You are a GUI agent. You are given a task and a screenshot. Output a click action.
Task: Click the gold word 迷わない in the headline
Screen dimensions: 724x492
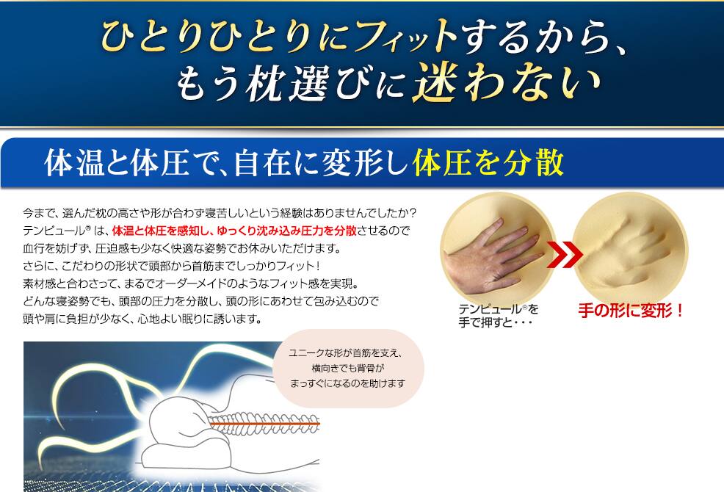pos(507,83)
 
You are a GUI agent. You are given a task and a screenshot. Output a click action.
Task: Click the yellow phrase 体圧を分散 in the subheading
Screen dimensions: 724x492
pos(488,162)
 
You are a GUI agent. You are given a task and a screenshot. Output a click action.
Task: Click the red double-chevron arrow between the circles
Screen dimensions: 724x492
pos(564,253)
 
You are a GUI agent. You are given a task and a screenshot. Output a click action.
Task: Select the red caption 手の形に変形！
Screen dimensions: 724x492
pos(631,311)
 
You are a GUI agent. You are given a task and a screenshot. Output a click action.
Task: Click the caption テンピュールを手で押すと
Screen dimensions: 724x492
pos(499,316)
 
